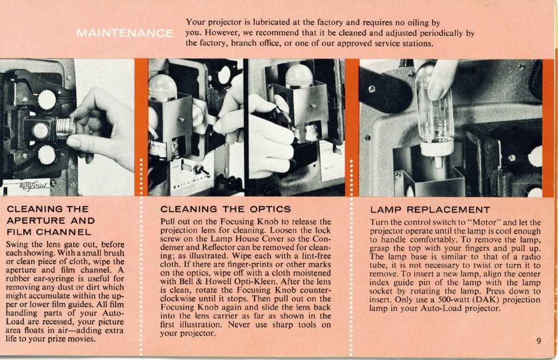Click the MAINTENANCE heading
(124, 33)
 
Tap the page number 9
(538, 341)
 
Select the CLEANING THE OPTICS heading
(226, 209)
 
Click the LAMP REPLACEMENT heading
(430, 209)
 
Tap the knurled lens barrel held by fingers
(64, 128)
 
